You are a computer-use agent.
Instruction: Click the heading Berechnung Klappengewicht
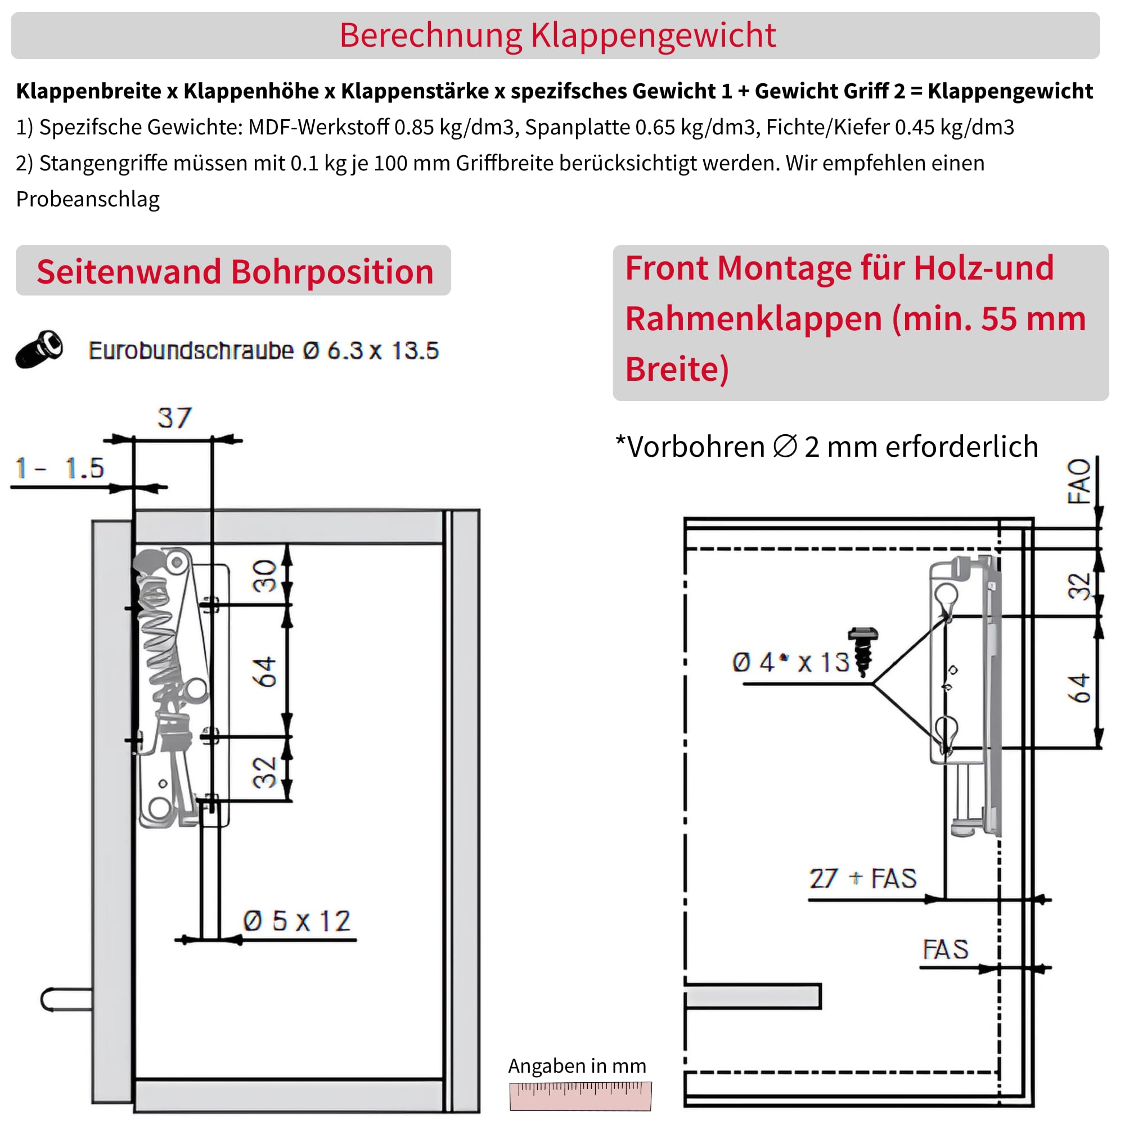coord(557,35)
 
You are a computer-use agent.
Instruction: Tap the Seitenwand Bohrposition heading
coord(235,272)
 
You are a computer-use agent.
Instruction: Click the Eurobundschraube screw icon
coord(39,349)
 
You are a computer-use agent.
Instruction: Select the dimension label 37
coord(174,418)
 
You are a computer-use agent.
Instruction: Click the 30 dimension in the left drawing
coord(265,575)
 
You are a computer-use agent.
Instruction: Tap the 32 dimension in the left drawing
coord(265,772)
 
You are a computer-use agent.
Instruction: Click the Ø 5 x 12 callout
coord(297,921)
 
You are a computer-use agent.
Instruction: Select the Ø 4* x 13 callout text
coord(790,662)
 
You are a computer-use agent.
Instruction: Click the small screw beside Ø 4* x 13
coord(862,651)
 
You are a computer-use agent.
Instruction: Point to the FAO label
coord(1078,481)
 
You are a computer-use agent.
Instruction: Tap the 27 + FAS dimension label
coord(862,878)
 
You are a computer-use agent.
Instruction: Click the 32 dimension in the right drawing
coord(1078,586)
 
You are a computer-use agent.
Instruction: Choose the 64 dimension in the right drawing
coord(1078,688)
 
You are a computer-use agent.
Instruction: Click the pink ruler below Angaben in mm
coord(580,1096)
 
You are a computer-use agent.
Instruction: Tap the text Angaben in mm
coord(577,1065)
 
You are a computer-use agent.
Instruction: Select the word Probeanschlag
coord(88,199)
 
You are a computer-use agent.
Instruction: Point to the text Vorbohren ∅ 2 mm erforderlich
coord(827,447)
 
